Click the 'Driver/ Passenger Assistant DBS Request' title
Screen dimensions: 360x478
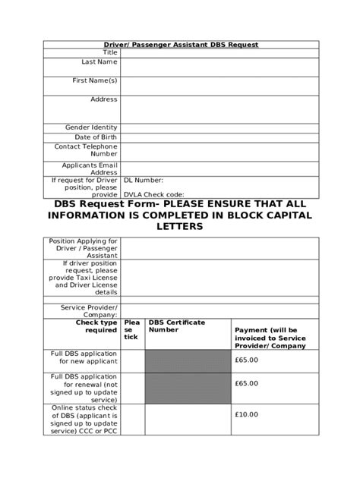tap(180, 45)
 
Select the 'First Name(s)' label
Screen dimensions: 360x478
tap(94, 80)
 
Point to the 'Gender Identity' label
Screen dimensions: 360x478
tap(93, 127)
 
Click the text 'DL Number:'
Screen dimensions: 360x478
tap(143, 181)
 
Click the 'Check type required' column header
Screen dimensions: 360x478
tap(96, 326)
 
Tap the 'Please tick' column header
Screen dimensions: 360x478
tap(132, 329)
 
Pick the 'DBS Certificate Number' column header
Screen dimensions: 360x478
tap(176, 326)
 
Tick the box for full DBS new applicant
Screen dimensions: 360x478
tap(132, 360)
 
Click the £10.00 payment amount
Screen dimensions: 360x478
tap(247, 414)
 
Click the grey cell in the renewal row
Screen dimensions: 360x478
tap(186, 388)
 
